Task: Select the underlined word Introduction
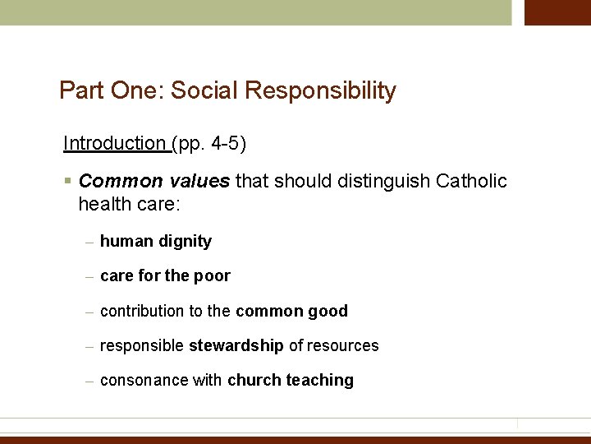point(114,144)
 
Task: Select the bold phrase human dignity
point(156,242)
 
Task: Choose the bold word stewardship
point(236,346)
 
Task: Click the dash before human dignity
point(89,243)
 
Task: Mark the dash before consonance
point(89,382)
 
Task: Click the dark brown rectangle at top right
point(557,12)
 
